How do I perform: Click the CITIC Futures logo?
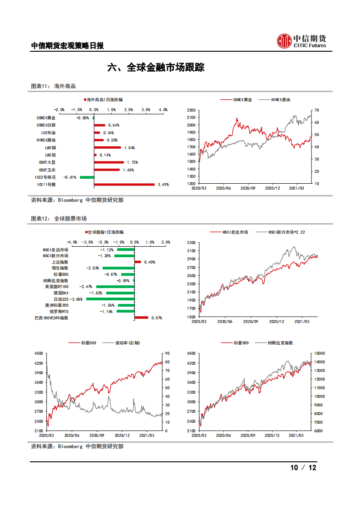pos(301,41)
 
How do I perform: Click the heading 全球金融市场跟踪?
pos(156,68)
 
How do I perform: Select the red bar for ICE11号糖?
pos(124,185)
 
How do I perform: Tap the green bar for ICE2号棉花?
pos(87,177)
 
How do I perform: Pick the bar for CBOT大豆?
pos(108,162)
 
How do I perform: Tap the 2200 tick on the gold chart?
pos(191,110)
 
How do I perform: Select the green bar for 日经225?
pos(110,299)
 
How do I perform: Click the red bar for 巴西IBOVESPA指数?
pos(141,318)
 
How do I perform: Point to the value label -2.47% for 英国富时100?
pos(86,287)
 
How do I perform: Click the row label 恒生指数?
pos(60,268)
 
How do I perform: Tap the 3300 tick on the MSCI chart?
pos(191,243)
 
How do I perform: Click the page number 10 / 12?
pos(303,468)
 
